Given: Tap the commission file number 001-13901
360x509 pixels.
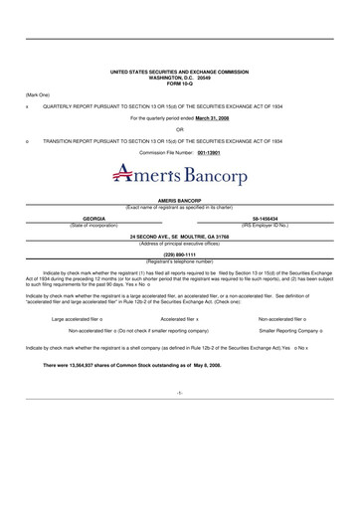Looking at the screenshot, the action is [x=213, y=153].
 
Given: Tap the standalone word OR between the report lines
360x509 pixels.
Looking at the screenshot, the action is [x=179, y=128].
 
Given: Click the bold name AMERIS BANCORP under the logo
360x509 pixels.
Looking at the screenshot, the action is [x=179, y=200].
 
